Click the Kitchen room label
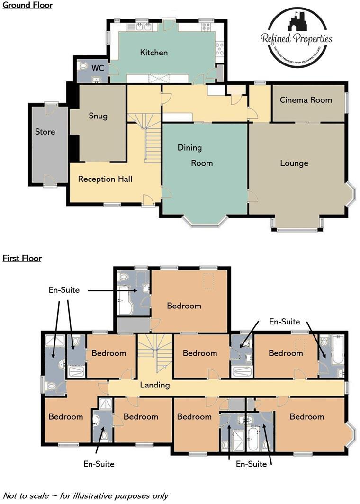(153, 53)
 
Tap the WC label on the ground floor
(98, 68)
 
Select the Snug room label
(98, 116)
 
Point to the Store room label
(45, 132)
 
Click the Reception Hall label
(105, 179)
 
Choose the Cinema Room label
(306, 100)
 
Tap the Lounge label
(294, 163)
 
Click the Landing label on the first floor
(154, 385)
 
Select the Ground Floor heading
(27, 5)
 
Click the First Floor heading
(22, 258)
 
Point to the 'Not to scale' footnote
(85, 496)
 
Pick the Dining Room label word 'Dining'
(189, 148)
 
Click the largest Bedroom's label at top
(184, 306)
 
